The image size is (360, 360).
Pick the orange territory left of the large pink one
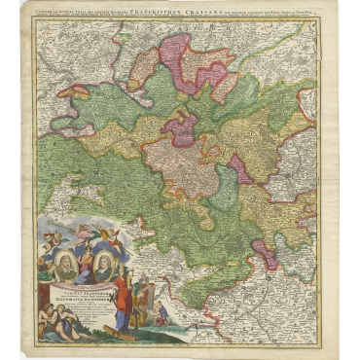[145, 68]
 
